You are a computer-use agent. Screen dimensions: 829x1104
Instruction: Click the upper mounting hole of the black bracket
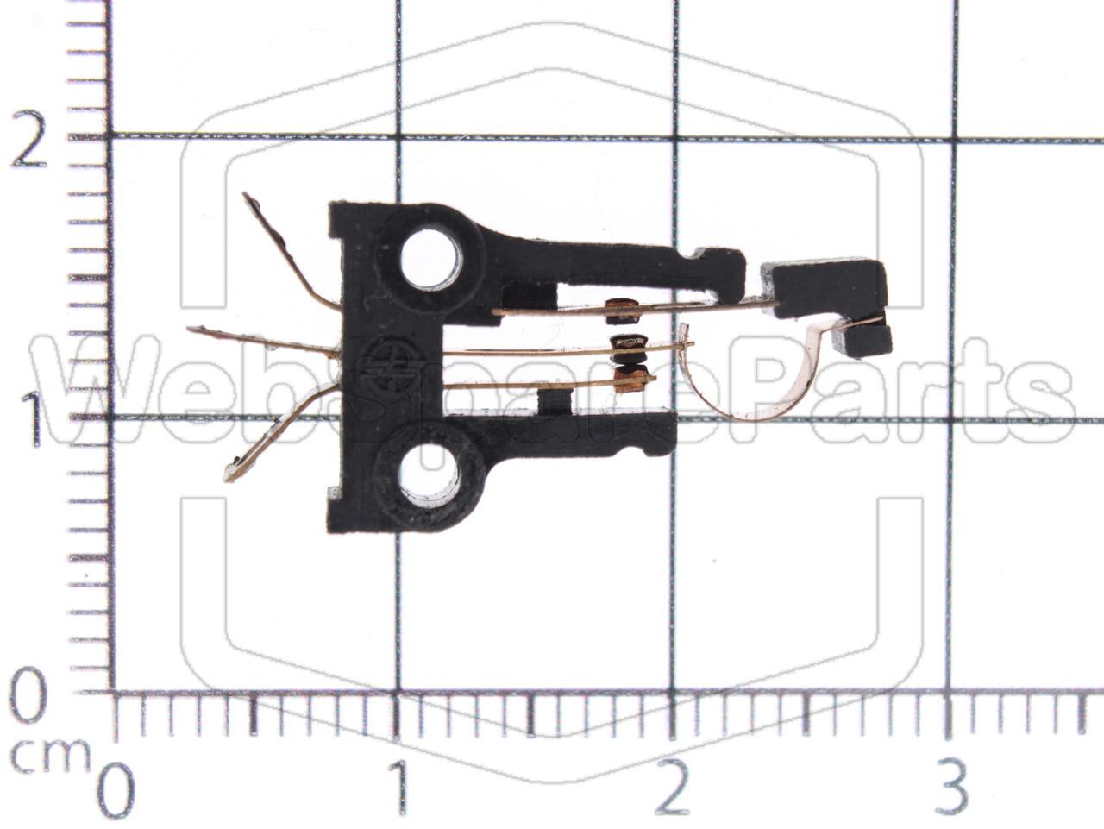[431, 258]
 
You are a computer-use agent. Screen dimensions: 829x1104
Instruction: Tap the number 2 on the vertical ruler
[28, 141]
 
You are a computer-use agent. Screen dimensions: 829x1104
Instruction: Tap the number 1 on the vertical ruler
[33, 420]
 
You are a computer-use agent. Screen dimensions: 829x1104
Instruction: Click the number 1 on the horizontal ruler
[398, 788]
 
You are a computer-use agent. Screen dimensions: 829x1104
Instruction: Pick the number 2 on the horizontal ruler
[673, 788]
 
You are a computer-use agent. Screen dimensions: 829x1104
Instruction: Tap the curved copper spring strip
[759, 388]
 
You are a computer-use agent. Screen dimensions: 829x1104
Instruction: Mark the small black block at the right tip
[864, 340]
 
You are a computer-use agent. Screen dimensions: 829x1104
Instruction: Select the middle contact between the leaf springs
[629, 346]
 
